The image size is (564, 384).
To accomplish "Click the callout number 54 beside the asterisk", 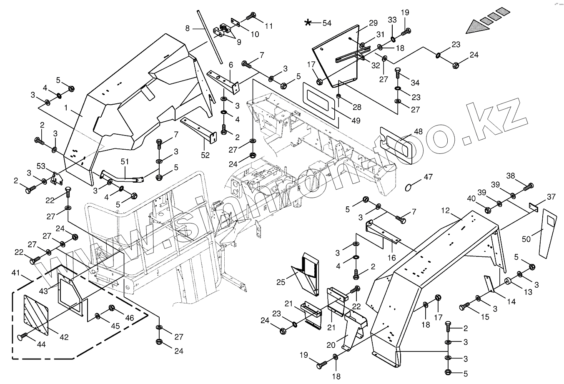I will tap(326, 23).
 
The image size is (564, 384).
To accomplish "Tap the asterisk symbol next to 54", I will tap(308, 23).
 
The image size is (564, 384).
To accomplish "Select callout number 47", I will tap(428, 177).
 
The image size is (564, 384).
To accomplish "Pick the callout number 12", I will tap(446, 211).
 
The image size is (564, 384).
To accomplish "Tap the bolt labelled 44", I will tap(22, 335).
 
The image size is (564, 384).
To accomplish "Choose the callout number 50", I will tap(526, 238).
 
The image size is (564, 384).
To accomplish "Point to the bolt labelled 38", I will tap(530, 186).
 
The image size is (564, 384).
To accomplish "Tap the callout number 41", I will tap(15, 273).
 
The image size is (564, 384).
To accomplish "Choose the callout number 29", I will tap(373, 23).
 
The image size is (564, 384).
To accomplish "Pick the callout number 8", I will tap(187, 28).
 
